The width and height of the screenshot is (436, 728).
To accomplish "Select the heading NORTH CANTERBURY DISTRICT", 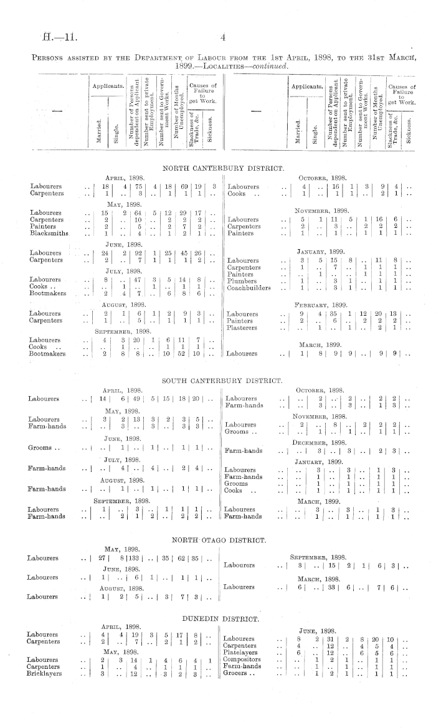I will (223, 168).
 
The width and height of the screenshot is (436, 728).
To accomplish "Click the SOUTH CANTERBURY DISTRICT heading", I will (223, 379).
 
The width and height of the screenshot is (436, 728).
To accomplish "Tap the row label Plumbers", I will (241, 281).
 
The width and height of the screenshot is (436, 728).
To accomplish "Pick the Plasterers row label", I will (244, 327).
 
